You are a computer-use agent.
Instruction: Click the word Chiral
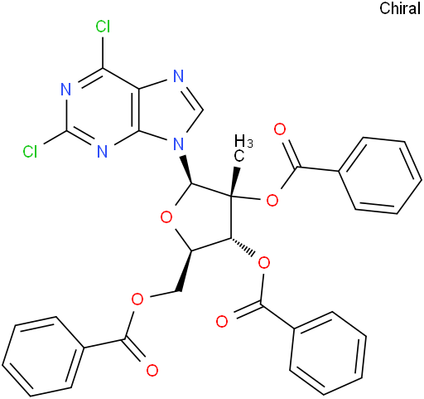[400, 8]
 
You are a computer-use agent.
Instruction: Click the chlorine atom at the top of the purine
[103, 27]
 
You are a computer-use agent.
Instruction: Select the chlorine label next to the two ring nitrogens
[30, 152]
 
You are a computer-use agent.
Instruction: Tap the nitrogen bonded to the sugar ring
[179, 144]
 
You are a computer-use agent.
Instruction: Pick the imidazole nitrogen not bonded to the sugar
[179, 76]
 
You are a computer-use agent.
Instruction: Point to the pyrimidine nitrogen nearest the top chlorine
[65, 90]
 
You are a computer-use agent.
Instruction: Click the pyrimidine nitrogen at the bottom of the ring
[103, 151]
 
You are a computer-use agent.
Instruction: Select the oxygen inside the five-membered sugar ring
[166, 217]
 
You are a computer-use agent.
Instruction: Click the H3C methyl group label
[243, 148]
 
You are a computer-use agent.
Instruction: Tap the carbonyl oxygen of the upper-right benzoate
[280, 129]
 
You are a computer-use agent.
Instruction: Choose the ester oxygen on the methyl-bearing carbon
[272, 200]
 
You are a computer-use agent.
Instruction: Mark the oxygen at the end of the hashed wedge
[264, 263]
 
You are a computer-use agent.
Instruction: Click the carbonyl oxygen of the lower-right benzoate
[222, 322]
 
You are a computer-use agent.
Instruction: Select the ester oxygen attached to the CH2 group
[137, 299]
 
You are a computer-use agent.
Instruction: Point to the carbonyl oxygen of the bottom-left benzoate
[152, 370]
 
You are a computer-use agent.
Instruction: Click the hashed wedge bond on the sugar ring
[243, 246]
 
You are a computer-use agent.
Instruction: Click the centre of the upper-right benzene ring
[380, 175]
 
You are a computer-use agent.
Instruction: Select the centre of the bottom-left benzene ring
[43, 357]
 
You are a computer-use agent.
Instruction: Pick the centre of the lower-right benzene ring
[328, 353]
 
